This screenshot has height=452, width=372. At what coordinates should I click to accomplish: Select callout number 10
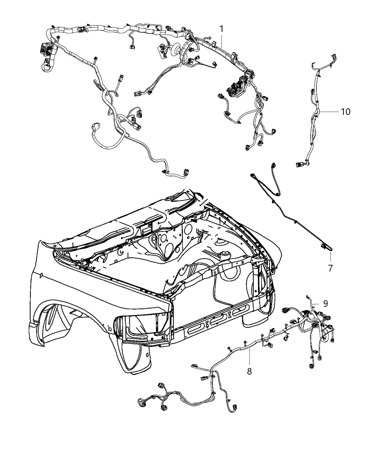345,112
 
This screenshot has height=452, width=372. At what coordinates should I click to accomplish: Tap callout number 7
330,268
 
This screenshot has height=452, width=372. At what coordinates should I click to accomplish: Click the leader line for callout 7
330,257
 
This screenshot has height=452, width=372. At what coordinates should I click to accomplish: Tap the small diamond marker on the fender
41,275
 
